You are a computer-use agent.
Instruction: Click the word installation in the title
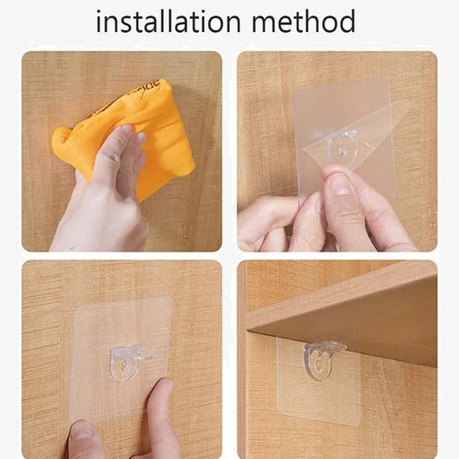169,21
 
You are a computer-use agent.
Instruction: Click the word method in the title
306,21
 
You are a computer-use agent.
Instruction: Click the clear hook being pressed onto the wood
128,362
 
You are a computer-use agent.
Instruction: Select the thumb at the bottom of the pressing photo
86,439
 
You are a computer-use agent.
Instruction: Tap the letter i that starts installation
99,21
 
